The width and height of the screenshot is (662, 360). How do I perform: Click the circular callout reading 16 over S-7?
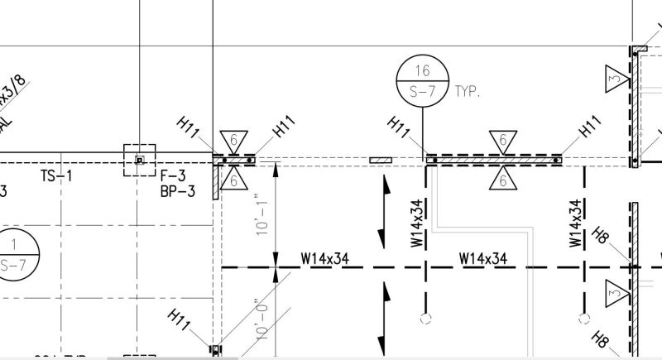click(423, 81)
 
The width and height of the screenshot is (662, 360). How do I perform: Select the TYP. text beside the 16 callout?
click(468, 91)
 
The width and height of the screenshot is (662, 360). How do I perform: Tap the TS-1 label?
click(56, 175)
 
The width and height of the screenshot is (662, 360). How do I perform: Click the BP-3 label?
click(178, 192)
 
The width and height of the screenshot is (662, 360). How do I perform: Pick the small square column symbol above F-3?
click(140, 159)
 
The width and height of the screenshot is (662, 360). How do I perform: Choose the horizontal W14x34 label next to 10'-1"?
click(324, 259)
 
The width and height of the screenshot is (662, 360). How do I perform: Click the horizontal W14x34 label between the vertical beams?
click(483, 259)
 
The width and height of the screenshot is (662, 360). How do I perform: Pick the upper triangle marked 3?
click(614, 77)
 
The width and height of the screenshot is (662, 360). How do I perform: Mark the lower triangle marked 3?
click(614, 290)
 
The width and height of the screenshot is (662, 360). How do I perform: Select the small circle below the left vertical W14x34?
click(425, 318)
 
